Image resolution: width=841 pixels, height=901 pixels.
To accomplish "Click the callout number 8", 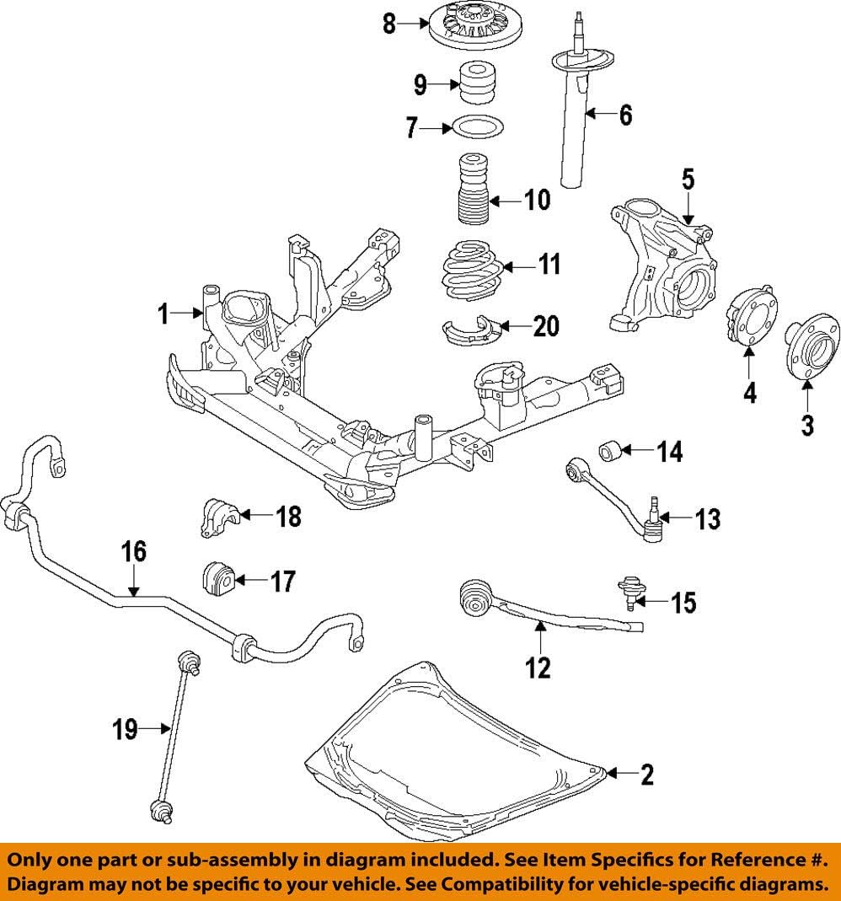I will [x=388, y=24].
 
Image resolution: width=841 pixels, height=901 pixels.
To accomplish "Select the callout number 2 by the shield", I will [x=646, y=775].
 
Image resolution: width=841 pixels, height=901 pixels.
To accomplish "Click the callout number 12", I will [x=538, y=668].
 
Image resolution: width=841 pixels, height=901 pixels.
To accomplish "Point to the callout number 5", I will [x=688, y=179].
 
